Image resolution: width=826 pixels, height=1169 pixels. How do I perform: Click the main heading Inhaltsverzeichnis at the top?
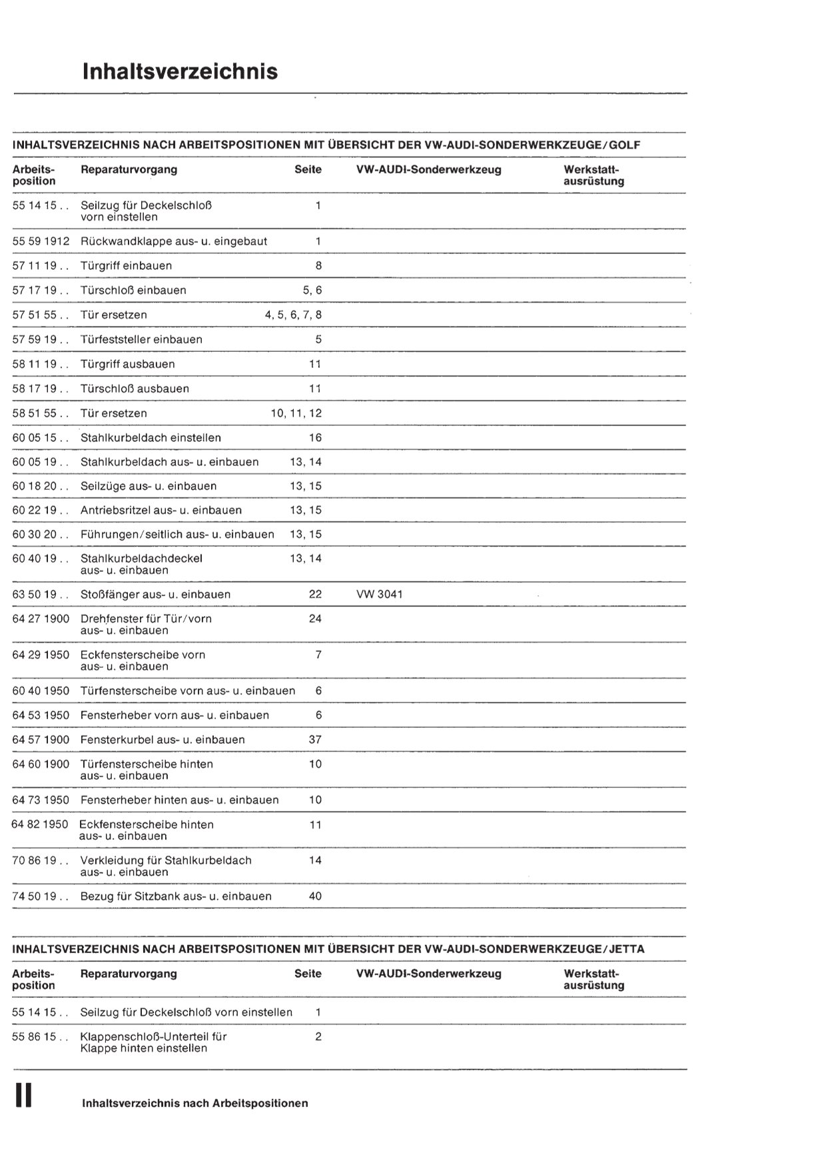[180, 71]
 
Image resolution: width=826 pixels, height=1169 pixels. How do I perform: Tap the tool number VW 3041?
[380, 594]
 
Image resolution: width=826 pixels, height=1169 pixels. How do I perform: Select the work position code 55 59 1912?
[41, 241]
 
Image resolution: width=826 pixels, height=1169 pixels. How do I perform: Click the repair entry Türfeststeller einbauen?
[141, 339]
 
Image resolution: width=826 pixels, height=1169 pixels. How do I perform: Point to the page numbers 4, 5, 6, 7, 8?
[293, 315]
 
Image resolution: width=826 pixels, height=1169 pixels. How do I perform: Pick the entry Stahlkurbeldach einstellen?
[151, 438]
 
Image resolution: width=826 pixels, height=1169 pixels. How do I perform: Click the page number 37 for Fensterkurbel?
[315, 739]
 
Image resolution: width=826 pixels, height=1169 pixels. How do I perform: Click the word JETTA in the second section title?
[627, 949]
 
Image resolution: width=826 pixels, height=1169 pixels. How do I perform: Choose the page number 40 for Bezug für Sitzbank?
[315, 896]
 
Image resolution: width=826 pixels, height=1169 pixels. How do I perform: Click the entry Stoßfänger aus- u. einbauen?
[155, 594]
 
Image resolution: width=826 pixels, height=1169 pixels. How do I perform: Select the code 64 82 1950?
[40, 824]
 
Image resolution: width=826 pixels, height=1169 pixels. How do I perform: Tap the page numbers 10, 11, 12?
[296, 413]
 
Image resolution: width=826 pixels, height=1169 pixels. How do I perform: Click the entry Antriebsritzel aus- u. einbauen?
[161, 510]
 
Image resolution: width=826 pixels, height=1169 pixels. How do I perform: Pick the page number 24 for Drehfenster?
[315, 618]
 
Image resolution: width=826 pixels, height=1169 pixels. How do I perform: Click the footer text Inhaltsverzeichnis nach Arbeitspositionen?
[195, 1103]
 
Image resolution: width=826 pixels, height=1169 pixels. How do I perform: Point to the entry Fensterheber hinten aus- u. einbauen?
[179, 800]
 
